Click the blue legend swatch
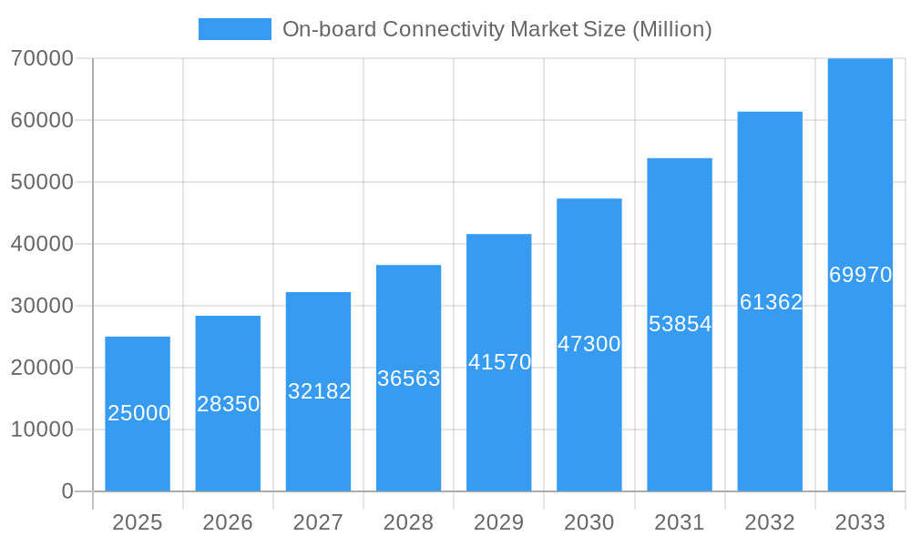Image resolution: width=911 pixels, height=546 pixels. pos(234,29)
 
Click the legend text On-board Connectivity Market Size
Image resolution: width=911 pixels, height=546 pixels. pos(496,29)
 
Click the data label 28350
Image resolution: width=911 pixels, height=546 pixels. pos(228,404)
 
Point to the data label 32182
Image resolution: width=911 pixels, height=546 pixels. pos(319,391)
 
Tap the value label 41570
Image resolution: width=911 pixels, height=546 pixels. pos(499,362)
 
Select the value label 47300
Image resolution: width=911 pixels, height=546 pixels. pos(589,344)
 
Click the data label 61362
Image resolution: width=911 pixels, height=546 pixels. pos(771,302)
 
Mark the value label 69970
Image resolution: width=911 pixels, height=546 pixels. pos(860,275)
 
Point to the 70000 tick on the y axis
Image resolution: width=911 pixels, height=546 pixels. pos(42,58)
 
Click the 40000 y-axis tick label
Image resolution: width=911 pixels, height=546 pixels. pos(42,244)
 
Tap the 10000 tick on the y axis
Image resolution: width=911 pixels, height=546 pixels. pos(42,430)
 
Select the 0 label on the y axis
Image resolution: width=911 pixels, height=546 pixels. pos(67,491)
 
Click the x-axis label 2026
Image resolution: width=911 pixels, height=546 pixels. pos(228,522)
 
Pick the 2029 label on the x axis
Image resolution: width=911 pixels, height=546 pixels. pos(499,522)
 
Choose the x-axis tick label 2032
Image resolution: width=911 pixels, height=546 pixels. pos(770,522)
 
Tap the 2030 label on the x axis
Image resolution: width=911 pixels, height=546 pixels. pos(589,522)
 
